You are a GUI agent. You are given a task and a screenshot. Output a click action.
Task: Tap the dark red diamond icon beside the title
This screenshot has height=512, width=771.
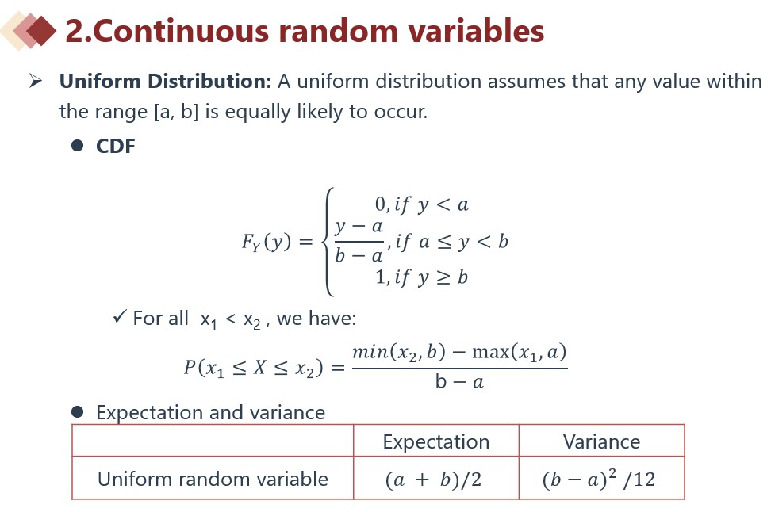pyautogui.click(x=41, y=30)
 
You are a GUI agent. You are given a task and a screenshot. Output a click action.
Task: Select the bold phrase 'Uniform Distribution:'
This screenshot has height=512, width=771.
pyautogui.click(x=165, y=82)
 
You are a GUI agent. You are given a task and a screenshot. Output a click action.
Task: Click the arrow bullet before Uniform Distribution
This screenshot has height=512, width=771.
pyautogui.click(x=36, y=80)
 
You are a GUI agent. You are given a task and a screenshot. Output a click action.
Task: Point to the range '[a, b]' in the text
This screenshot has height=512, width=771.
pyautogui.click(x=176, y=112)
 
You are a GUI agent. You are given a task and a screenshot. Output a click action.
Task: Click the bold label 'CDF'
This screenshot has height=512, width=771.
pyautogui.click(x=116, y=147)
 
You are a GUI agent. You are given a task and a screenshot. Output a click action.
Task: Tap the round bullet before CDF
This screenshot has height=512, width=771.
pyautogui.click(x=77, y=146)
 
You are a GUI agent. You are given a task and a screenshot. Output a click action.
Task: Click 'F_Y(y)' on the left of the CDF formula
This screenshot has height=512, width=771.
pyautogui.click(x=266, y=242)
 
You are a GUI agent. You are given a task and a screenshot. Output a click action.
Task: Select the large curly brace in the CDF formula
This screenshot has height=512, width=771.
pyautogui.click(x=328, y=242)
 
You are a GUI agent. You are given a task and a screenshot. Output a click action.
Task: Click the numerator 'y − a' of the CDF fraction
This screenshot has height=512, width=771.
pyautogui.click(x=359, y=227)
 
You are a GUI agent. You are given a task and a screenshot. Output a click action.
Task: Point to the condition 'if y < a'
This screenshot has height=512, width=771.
pyautogui.click(x=432, y=204)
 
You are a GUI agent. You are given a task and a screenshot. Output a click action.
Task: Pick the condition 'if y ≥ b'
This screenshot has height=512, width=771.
pyautogui.click(x=432, y=278)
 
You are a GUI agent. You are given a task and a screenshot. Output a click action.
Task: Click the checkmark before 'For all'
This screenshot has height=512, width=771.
pyautogui.click(x=120, y=316)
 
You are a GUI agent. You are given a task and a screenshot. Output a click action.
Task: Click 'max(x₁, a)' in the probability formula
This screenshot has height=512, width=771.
pyautogui.click(x=520, y=353)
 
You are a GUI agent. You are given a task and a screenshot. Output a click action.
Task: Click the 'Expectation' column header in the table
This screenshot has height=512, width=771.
pyautogui.click(x=436, y=441)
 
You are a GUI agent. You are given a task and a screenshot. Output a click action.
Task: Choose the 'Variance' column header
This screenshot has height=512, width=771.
pyautogui.click(x=601, y=441)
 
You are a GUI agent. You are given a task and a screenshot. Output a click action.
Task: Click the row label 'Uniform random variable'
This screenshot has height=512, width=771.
pyautogui.click(x=213, y=479)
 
